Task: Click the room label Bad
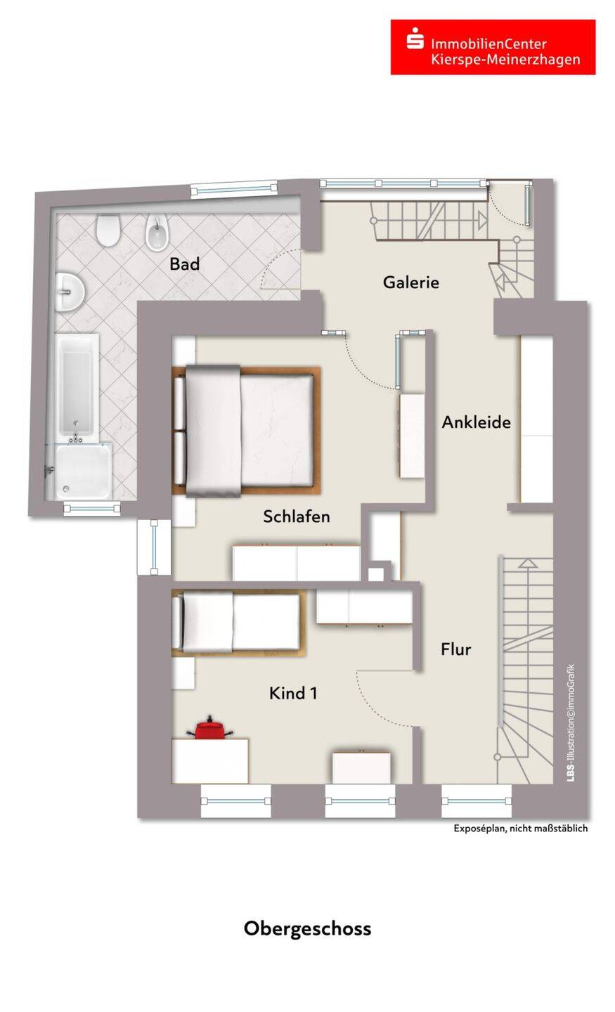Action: (x=184, y=264)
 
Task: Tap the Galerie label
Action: (x=410, y=283)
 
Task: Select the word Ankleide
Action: (x=476, y=422)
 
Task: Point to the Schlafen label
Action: (x=296, y=517)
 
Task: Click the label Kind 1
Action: (x=293, y=694)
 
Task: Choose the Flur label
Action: (x=455, y=649)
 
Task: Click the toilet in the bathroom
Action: (x=108, y=231)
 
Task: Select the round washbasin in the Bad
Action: (x=70, y=288)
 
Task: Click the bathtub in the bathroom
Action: (x=77, y=387)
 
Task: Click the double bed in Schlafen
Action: (x=246, y=431)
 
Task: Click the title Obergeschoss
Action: (x=307, y=928)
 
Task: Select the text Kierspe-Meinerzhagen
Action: (x=505, y=60)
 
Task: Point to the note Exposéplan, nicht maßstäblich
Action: (x=520, y=829)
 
